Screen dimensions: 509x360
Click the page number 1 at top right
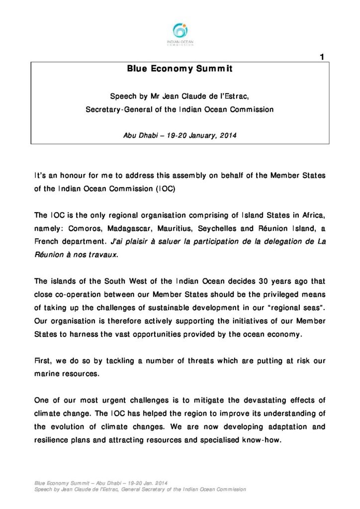[322, 58]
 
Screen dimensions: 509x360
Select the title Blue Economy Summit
[180, 70]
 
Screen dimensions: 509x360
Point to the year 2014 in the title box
[228, 135]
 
